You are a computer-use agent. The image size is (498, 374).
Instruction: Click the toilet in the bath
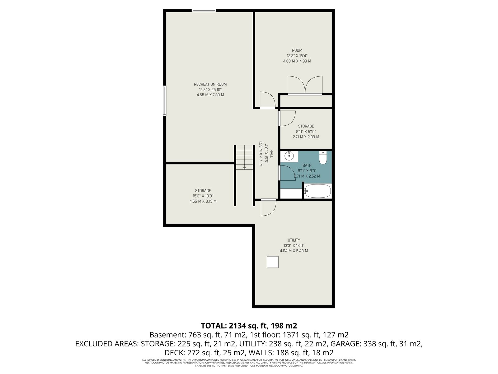coord(322,157)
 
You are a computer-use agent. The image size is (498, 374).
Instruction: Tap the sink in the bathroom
coord(289,156)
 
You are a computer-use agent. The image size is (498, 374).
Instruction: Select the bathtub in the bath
coord(317,191)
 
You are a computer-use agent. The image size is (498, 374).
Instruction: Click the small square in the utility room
coord(272,262)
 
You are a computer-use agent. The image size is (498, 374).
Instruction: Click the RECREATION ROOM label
coord(210,84)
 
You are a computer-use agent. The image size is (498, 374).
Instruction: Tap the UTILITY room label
coord(294,240)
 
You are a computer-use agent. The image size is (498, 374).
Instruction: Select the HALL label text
coord(271,154)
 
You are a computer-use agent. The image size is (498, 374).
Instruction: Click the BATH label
coord(307,165)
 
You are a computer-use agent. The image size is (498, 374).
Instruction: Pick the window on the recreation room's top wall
coord(204,11)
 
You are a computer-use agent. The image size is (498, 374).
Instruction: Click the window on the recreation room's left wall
coord(165,101)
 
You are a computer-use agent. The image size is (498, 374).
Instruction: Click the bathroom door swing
coord(288,173)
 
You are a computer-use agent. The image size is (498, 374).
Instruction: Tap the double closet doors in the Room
coord(305,85)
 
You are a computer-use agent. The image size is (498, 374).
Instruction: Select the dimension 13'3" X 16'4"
coord(297,56)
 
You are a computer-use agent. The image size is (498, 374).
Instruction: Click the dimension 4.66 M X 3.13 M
coord(203,201)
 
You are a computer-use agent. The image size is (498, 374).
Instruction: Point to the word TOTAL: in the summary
coord(214,326)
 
